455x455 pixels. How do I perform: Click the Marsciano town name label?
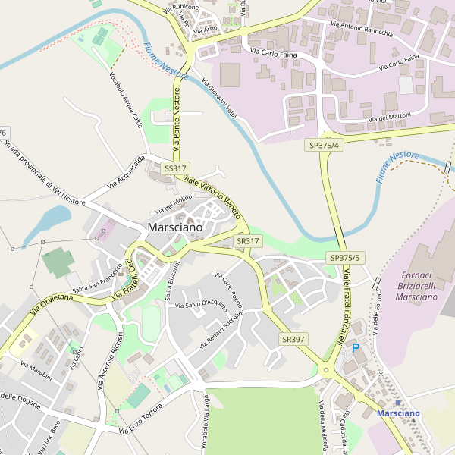tap(175, 227)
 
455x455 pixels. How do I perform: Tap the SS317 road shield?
tap(175, 168)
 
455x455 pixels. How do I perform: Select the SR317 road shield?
tap(248, 240)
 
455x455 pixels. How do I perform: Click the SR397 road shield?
tap(292, 338)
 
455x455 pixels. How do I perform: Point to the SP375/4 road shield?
tap(325, 144)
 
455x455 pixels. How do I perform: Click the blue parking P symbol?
tap(356, 348)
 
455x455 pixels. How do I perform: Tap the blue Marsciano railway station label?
tap(398, 413)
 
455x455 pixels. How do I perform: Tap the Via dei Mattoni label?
tap(390, 117)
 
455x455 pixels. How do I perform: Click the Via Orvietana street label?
tap(52, 305)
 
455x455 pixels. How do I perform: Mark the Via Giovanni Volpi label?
tap(220, 97)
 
